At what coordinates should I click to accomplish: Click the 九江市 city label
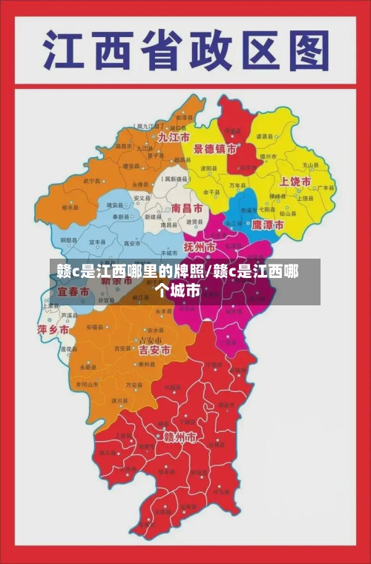(173, 139)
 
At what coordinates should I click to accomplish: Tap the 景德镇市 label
(215, 149)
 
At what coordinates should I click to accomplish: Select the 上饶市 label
(295, 182)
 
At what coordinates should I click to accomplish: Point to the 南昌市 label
(186, 209)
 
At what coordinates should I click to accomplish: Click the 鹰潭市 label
(267, 224)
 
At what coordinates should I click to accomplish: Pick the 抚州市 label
(200, 246)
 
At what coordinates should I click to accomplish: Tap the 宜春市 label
(73, 293)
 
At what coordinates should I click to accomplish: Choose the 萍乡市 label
(53, 329)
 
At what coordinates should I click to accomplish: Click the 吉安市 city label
(154, 349)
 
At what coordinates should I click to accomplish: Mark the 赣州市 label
(180, 438)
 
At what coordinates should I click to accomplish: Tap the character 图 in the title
(306, 51)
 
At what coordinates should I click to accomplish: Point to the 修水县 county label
(69, 208)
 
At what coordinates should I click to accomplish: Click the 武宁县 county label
(91, 180)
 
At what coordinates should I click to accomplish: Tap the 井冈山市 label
(87, 385)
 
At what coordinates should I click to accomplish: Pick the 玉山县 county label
(309, 165)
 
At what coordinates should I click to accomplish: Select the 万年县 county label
(235, 185)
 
